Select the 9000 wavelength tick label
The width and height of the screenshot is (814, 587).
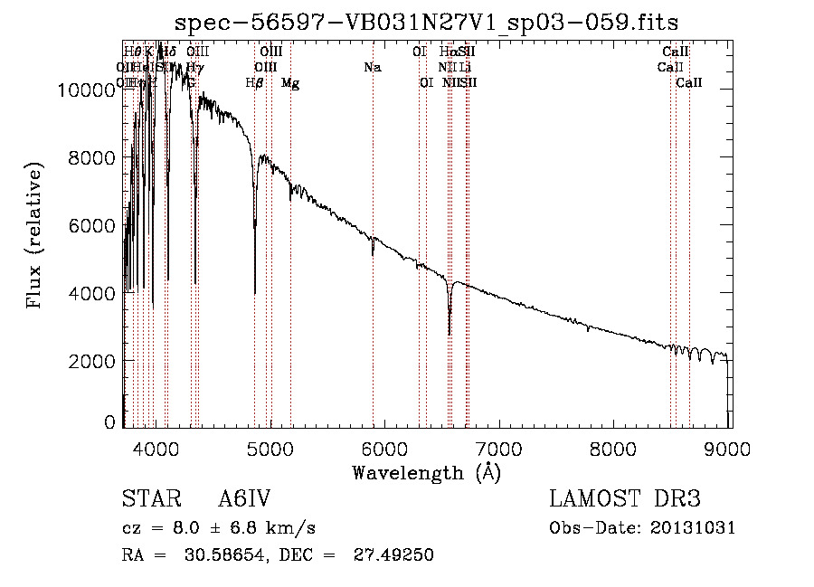(x=730, y=446)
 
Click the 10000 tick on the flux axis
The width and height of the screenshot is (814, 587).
(x=87, y=90)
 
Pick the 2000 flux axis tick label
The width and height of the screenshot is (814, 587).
(x=94, y=361)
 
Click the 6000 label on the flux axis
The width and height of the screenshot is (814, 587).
(x=94, y=225)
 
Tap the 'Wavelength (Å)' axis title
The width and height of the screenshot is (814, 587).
(x=426, y=471)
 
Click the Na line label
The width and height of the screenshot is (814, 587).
(x=372, y=67)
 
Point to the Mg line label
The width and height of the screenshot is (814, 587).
(x=290, y=83)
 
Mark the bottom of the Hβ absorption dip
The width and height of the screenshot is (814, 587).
(x=255, y=292)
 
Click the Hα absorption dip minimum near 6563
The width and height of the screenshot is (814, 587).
(x=450, y=333)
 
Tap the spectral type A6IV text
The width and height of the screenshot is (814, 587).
(x=244, y=500)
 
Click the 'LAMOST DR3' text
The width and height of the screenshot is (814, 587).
(x=625, y=500)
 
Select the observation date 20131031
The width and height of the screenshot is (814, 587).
(x=693, y=528)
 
